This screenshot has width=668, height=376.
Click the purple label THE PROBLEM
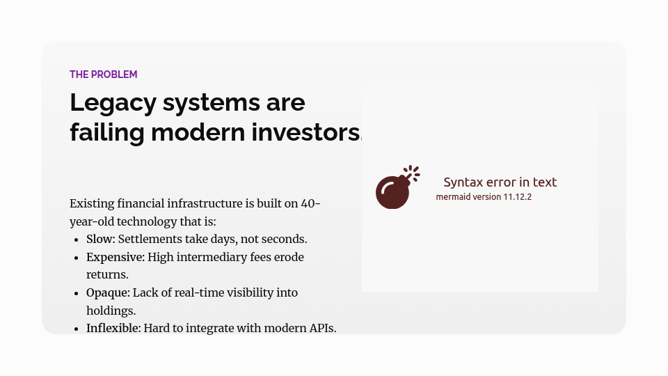pyautogui.click(x=103, y=75)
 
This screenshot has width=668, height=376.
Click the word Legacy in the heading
pyautogui.click(x=111, y=103)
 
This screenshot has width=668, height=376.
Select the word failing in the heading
pyautogui.click(x=106, y=132)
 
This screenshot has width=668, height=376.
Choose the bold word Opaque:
pyautogui.click(x=108, y=292)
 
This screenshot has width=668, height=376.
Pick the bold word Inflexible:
pyautogui.click(x=113, y=328)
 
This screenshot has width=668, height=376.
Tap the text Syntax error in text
pyautogui.click(x=500, y=182)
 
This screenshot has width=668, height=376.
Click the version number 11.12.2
pyautogui.click(x=522, y=197)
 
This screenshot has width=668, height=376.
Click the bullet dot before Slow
pyautogui.click(x=77, y=240)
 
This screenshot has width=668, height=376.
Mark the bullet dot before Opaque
pyautogui.click(x=77, y=293)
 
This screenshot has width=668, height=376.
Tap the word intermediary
pyautogui.click(x=216, y=257)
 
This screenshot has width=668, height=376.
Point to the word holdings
pyautogui.click(x=110, y=311)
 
